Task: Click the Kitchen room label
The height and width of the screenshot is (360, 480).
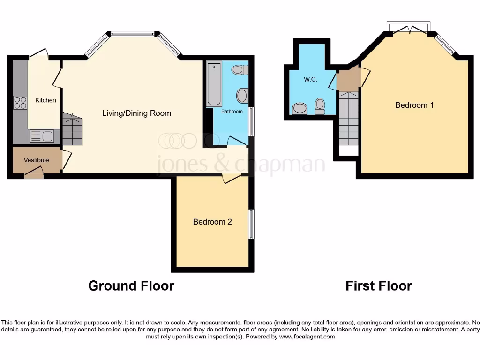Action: (x=45, y=100)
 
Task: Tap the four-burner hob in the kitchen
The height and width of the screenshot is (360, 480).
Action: (x=20, y=102)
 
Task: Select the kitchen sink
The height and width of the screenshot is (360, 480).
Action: (x=42, y=136)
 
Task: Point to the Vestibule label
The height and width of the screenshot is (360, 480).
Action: (x=36, y=160)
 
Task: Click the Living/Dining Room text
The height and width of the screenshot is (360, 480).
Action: (x=136, y=113)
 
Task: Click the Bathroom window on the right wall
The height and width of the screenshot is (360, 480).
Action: (x=251, y=122)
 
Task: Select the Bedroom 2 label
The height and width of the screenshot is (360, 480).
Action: (x=212, y=222)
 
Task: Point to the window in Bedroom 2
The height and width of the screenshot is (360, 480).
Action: (x=251, y=224)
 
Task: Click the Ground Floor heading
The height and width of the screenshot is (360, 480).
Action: (x=131, y=285)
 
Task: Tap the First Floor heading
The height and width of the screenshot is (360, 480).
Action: (x=379, y=285)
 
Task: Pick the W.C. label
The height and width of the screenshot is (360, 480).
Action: (x=310, y=79)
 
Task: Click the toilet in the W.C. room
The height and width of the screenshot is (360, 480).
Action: (x=320, y=106)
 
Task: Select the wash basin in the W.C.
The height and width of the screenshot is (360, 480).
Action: (x=299, y=109)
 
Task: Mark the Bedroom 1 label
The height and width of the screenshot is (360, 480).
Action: (x=414, y=105)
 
